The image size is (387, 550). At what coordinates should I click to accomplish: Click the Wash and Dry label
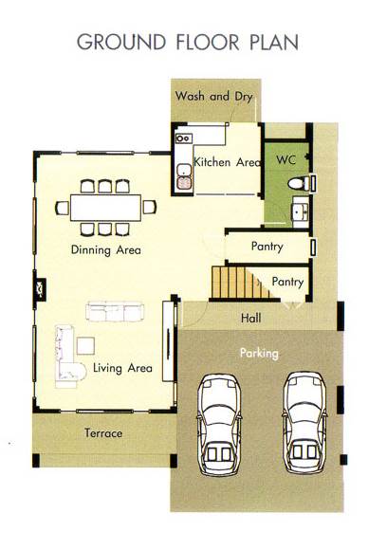(213, 96)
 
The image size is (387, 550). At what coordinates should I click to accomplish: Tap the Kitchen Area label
(228, 162)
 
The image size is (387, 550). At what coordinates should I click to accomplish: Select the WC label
(286, 160)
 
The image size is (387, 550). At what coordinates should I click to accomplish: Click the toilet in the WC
(299, 183)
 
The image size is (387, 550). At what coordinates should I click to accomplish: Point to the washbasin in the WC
(301, 211)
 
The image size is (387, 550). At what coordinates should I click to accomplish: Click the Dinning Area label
(106, 249)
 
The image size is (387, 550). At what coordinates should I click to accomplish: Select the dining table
(105, 208)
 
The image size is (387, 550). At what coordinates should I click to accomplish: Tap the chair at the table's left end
(63, 208)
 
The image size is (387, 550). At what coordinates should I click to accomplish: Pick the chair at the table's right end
(149, 208)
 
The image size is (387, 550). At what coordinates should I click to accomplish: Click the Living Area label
(122, 368)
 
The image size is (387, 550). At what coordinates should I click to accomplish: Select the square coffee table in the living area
(85, 345)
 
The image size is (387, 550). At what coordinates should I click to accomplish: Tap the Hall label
(250, 318)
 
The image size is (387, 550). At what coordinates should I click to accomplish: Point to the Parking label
(259, 353)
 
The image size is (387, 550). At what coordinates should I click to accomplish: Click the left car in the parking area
(218, 425)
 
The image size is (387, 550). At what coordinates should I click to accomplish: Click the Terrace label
(103, 433)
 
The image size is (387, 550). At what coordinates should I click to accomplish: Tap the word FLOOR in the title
(208, 42)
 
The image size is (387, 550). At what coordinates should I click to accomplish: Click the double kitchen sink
(184, 176)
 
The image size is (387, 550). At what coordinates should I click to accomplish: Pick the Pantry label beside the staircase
(287, 282)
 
